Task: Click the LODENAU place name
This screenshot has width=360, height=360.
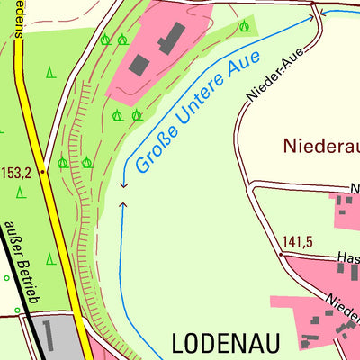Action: (226, 343)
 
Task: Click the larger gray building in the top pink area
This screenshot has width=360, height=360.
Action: (171, 38)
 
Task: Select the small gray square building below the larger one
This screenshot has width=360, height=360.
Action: (139, 65)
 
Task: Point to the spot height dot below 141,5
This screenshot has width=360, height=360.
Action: (281, 256)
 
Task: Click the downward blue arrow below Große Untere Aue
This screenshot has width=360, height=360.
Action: (122, 184)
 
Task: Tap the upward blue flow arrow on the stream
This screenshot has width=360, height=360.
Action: (122, 206)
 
